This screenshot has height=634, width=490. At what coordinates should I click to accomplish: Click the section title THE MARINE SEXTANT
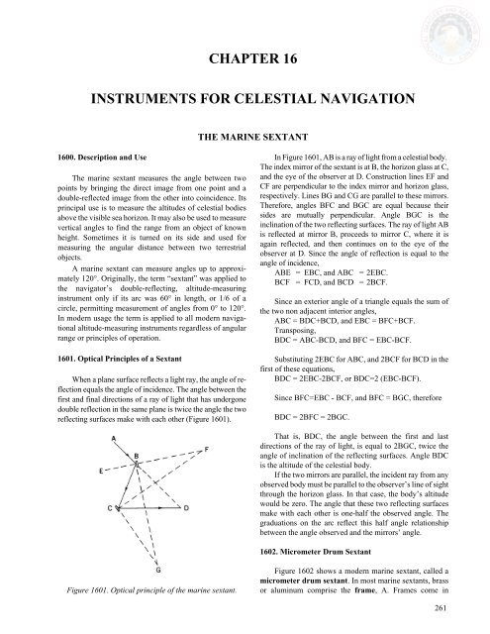(x=244, y=160)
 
